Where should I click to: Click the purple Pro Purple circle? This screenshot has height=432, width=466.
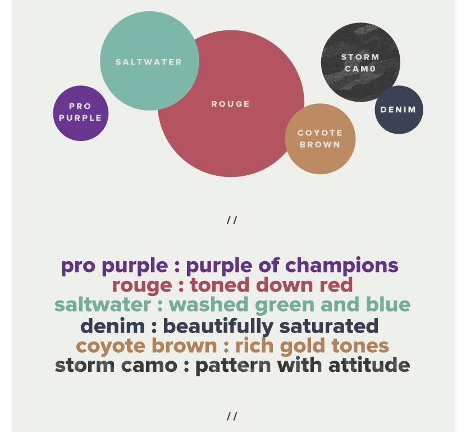tap(80, 113)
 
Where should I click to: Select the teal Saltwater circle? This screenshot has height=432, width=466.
tap(149, 61)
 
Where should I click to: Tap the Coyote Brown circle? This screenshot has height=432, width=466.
tap(320, 139)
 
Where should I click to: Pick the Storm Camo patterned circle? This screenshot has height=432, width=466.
tap(360, 62)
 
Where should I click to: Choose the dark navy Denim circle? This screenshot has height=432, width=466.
tap(399, 110)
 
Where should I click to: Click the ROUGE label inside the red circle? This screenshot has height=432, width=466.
tap(230, 104)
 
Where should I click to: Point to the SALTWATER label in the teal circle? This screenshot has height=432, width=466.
tap(149, 62)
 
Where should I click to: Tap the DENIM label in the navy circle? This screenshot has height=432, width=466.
tap(398, 110)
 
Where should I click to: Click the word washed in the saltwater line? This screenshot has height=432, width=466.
tap(208, 304)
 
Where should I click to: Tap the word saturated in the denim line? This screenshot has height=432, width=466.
tap(329, 326)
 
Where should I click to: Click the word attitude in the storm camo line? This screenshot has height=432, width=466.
tap(369, 365)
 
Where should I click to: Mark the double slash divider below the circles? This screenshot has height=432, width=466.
tap(232, 220)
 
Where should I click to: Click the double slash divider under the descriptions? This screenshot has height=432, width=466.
tap(232, 416)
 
